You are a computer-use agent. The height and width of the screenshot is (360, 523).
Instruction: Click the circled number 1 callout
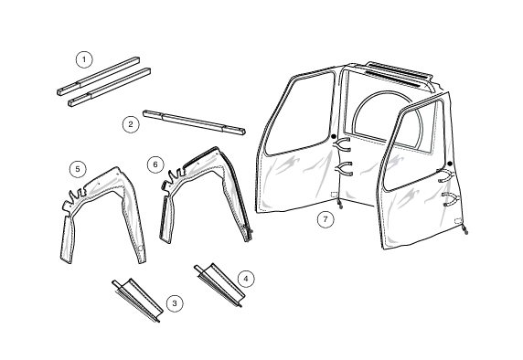click(x=84, y=59)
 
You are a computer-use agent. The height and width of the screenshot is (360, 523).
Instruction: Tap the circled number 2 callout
click(x=131, y=124)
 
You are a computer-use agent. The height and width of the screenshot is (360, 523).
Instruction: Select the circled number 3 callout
click(x=175, y=303)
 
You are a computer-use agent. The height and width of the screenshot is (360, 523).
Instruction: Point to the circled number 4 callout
click(x=246, y=279)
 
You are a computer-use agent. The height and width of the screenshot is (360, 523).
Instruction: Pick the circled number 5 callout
click(x=78, y=169)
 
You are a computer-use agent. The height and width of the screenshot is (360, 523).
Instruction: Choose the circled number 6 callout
click(x=155, y=164)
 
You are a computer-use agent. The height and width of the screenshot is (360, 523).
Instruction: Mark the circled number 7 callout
click(x=326, y=219)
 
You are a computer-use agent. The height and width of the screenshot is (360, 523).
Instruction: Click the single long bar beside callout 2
click(x=194, y=122)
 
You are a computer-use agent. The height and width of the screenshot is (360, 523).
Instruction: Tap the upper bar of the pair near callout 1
click(x=99, y=76)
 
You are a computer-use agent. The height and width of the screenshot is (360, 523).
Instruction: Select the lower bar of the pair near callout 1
click(x=110, y=87)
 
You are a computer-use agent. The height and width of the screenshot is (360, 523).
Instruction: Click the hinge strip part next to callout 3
click(x=137, y=300)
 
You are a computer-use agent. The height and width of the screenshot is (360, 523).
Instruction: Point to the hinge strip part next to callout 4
click(x=219, y=284)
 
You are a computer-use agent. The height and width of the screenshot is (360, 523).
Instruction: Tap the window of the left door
click(x=300, y=113)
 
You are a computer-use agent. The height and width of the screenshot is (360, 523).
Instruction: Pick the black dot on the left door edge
click(x=334, y=136)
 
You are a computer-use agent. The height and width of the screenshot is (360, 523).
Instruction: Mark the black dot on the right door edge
click(x=450, y=164)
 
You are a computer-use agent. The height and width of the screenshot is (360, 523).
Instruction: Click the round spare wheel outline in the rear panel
click(x=361, y=103)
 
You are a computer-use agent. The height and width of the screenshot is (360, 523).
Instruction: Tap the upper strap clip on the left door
click(x=341, y=144)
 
